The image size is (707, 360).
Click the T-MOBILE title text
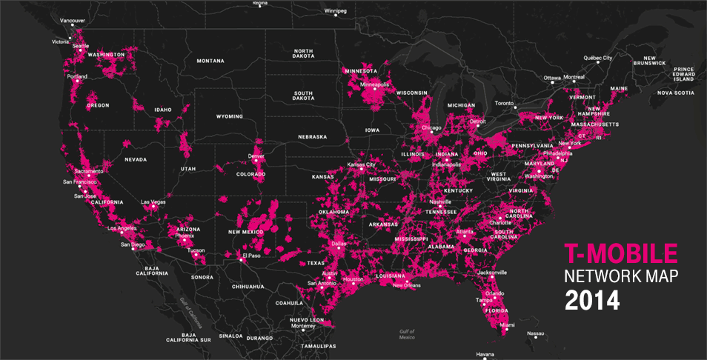(x=621, y=255)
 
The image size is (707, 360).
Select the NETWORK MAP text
(x=621, y=278)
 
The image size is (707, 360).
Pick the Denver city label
(x=256, y=156)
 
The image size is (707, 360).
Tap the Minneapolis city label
(x=374, y=84)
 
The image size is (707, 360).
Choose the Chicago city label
(x=432, y=127)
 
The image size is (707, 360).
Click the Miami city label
(x=508, y=324)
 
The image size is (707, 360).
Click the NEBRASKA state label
(x=313, y=137)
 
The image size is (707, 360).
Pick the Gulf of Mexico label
(x=406, y=334)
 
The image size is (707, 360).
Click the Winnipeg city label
(x=335, y=11)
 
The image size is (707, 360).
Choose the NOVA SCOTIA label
(x=675, y=93)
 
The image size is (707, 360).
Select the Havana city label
(x=485, y=353)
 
